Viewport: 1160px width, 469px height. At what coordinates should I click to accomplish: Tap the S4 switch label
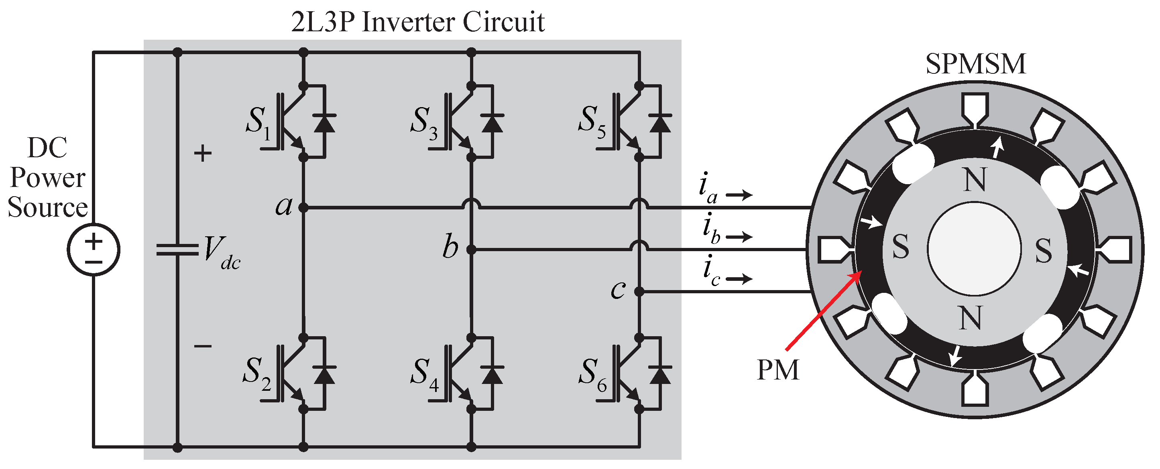pyautogui.click(x=424, y=374)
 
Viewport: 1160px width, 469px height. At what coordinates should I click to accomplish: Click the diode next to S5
pyautogui.click(x=660, y=123)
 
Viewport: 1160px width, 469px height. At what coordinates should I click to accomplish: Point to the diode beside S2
pyautogui.click(x=324, y=374)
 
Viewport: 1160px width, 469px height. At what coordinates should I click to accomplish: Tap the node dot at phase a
pyautogui.click(x=303, y=208)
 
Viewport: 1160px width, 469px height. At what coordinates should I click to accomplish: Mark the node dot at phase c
pyautogui.click(x=639, y=292)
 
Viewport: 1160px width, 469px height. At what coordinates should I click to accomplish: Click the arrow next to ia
pyautogui.click(x=739, y=195)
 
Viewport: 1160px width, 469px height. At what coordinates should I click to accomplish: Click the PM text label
pyautogui.click(x=778, y=370)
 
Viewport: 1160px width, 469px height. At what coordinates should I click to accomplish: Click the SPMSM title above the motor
pyautogui.click(x=975, y=64)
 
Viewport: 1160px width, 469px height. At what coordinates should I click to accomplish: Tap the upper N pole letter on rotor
pyautogui.click(x=975, y=180)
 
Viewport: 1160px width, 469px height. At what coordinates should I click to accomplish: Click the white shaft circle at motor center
pyautogui.click(x=974, y=249)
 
